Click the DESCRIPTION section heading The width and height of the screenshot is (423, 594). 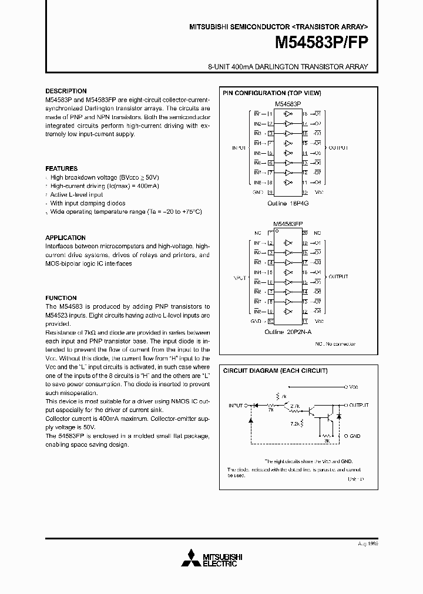click(x=66, y=92)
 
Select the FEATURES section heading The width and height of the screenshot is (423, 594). click(x=62, y=168)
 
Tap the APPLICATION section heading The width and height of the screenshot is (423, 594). click(x=66, y=238)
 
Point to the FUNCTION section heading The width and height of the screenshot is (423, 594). click(x=61, y=298)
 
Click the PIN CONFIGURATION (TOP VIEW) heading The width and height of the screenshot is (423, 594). click(x=271, y=93)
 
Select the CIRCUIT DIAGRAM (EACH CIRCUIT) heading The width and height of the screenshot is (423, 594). click(x=274, y=371)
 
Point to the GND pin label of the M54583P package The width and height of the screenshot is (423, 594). click(x=257, y=191)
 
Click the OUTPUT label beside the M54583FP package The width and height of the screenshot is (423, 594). click(x=338, y=276)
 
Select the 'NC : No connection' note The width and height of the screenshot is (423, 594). click(x=335, y=343)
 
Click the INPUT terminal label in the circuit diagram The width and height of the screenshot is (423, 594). click(x=236, y=406)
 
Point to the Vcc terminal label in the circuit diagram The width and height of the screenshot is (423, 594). click(x=354, y=387)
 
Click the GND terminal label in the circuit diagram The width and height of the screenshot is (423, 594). click(x=354, y=436)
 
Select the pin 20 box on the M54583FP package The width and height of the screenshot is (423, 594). click(x=305, y=233)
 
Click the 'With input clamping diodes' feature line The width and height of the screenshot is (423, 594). click(x=88, y=203)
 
